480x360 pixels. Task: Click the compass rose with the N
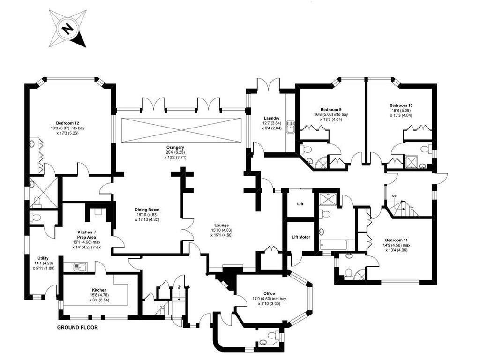[x=67, y=30]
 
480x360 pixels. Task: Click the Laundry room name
[x=271, y=118]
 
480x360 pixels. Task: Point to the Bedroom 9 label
[x=331, y=109]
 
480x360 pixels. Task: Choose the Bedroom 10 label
[x=401, y=105]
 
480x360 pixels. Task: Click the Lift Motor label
[x=301, y=237]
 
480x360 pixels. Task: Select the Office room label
[x=269, y=293]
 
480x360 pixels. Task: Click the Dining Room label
[x=148, y=210]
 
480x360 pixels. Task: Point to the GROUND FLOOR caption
[x=77, y=328]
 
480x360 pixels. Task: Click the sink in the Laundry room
[x=290, y=126]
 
